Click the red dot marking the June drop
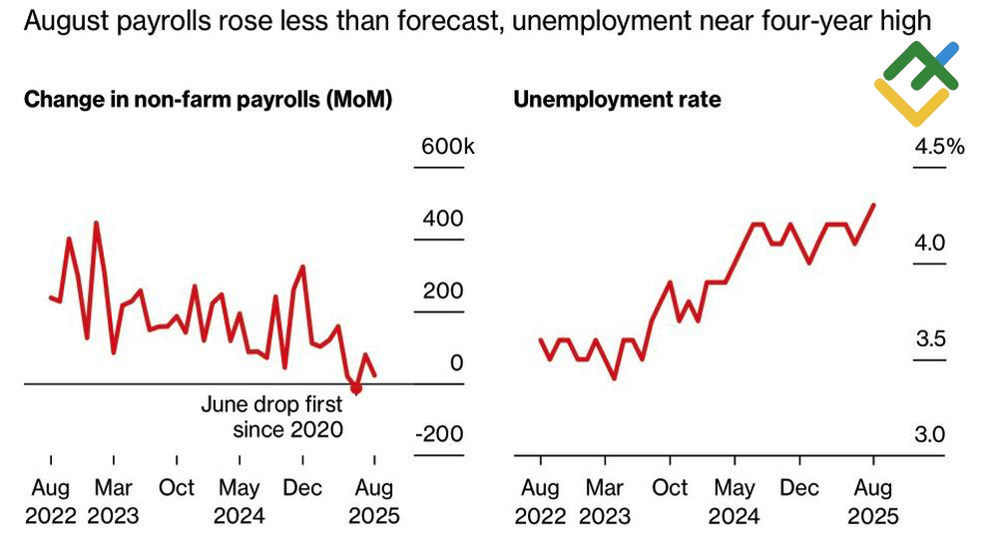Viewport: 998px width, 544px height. (x=355, y=388)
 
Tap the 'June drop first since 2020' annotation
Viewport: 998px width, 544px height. (x=272, y=417)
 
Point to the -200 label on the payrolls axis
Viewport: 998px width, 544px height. (x=441, y=435)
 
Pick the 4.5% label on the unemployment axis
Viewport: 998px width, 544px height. (x=939, y=147)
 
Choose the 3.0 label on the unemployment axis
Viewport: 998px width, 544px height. (x=929, y=435)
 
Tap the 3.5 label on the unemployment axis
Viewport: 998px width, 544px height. (x=929, y=339)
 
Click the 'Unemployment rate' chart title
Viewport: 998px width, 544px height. (x=616, y=100)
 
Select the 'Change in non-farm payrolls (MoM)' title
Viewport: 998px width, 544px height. (x=208, y=100)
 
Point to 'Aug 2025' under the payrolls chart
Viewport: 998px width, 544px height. (x=374, y=501)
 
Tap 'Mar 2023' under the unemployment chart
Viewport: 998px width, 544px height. (x=605, y=501)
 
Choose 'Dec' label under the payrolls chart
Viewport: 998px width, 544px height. (x=303, y=487)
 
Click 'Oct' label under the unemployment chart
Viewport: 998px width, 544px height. (x=670, y=487)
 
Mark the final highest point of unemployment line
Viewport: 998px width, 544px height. (x=874, y=205)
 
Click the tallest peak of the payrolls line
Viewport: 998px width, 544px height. (x=96, y=223)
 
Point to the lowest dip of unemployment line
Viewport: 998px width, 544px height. (x=615, y=378)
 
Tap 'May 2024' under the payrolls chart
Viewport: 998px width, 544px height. (x=240, y=501)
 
